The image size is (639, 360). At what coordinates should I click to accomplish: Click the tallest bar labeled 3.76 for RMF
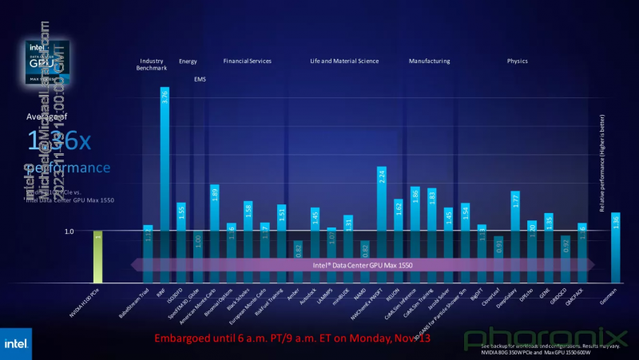[x=165, y=184]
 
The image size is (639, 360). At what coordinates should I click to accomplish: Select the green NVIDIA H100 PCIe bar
[x=97, y=255]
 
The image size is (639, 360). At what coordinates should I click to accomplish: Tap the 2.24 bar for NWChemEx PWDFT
[x=381, y=224]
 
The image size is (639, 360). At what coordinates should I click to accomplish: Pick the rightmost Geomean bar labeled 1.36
[x=615, y=247]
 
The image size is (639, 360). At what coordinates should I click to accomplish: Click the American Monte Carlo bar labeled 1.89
[x=214, y=232]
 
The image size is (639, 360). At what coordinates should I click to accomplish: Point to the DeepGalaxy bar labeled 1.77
[x=515, y=235]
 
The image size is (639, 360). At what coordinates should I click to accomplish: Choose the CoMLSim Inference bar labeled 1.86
[x=415, y=233]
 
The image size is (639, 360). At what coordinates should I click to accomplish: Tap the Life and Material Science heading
[x=344, y=61]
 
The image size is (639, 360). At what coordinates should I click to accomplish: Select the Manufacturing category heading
[x=429, y=61]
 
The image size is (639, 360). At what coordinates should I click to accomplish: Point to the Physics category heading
[x=517, y=61]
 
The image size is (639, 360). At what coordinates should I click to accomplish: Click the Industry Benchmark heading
[x=152, y=64]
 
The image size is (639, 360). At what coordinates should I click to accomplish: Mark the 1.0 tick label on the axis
[x=69, y=231]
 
